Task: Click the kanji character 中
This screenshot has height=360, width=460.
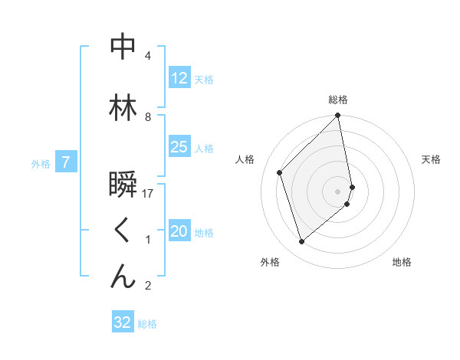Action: tap(123, 47)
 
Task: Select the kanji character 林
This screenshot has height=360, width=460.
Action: tap(123, 108)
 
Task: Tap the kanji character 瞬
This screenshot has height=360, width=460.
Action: tap(123, 185)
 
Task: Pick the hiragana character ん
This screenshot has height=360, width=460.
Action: tap(123, 277)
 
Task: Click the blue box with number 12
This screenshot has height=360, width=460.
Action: tap(179, 78)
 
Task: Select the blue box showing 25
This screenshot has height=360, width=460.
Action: tap(179, 147)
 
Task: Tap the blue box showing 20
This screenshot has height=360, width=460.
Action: tap(179, 232)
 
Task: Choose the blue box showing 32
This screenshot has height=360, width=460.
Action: tap(123, 322)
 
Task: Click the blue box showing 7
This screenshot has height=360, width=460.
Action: tap(66, 162)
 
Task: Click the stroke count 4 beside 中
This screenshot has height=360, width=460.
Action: tap(148, 56)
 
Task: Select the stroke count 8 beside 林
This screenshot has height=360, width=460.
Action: tap(148, 117)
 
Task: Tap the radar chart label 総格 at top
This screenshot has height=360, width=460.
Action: tap(338, 100)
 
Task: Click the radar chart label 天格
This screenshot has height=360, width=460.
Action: tap(431, 159)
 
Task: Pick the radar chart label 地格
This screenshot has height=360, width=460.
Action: tap(402, 262)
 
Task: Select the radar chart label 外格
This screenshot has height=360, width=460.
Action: tap(270, 262)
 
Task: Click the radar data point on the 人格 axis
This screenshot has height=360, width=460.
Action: tap(280, 172)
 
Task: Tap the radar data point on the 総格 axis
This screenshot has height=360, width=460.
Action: tap(338, 116)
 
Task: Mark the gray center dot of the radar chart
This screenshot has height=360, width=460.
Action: tap(338, 191)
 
